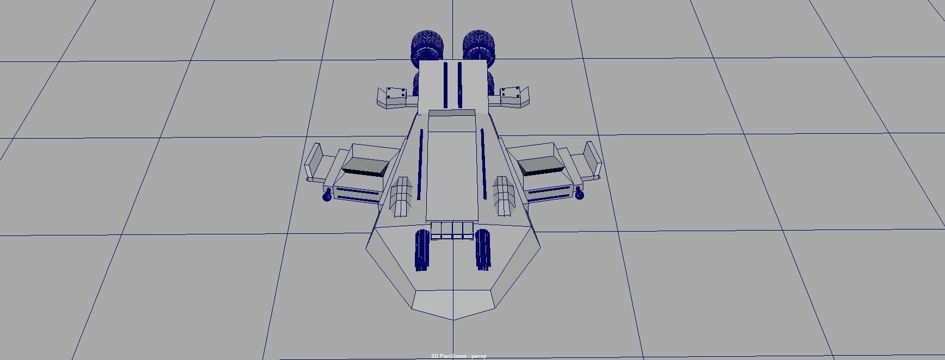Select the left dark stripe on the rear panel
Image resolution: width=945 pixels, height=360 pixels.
[445, 84]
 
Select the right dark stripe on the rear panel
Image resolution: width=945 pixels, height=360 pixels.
[459, 84]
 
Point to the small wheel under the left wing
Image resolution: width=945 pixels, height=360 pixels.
[327, 196]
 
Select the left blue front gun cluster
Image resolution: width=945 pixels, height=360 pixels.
[422, 250]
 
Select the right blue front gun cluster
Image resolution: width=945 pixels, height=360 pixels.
[483, 250]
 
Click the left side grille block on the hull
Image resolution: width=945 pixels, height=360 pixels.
[401, 196]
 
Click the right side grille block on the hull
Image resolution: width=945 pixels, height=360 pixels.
[503, 196]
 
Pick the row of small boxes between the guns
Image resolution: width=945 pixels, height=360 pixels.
[452, 230]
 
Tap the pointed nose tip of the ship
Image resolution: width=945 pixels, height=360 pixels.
[453, 318]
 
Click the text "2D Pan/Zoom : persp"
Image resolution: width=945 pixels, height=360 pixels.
[459, 356]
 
